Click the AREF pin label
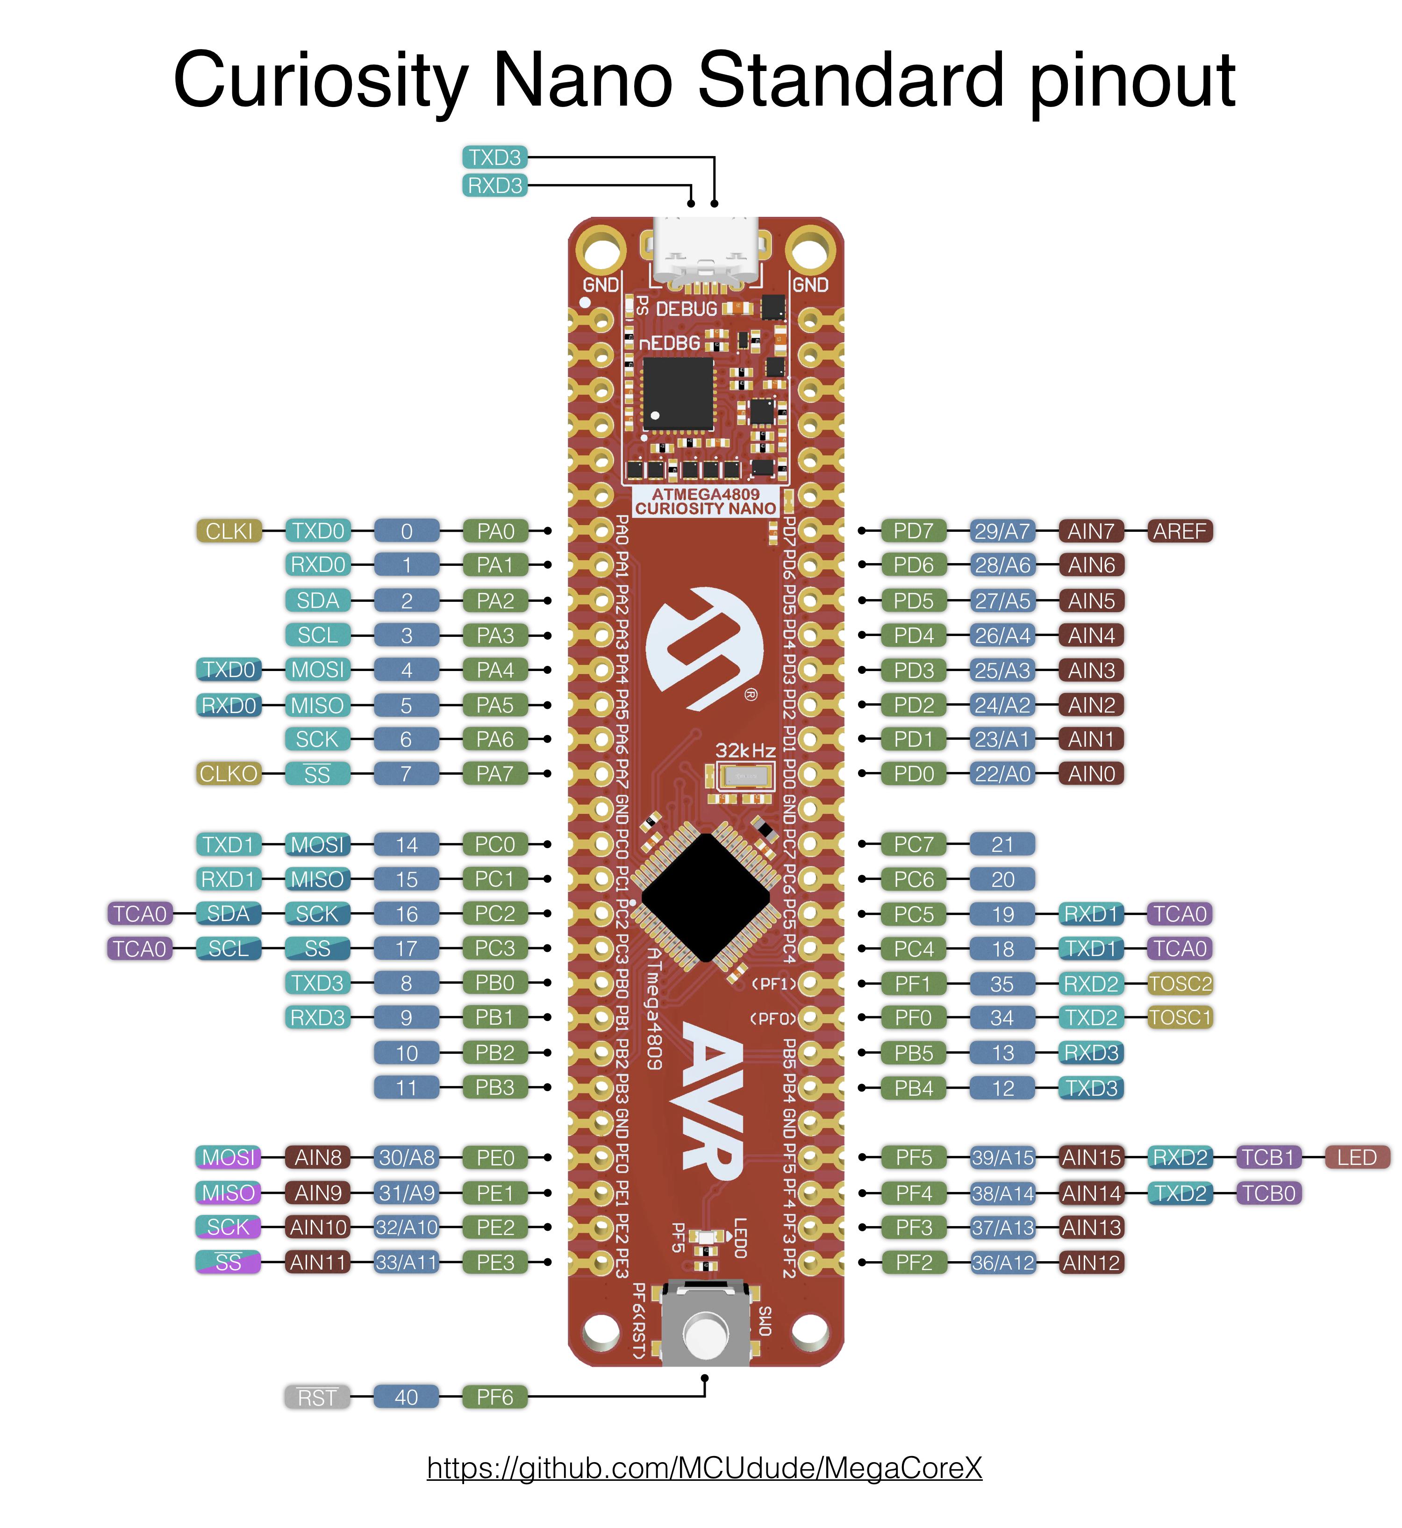tap(1180, 531)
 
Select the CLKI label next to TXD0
tap(229, 531)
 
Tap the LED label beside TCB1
tap(1357, 1158)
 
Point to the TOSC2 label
tap(1180, 984)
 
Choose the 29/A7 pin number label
tap(1002, 531)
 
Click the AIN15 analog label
tap(1091, 1158)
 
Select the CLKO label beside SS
tap(229, 774)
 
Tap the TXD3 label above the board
tap(494, 158)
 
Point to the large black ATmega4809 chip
tap(706, 898)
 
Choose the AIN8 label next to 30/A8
tap(318, 1158)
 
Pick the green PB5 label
tap(914, 1053)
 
